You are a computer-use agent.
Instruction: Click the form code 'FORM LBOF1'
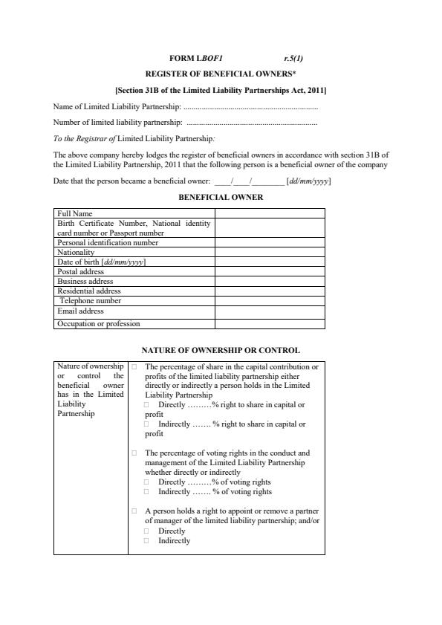point(196,57)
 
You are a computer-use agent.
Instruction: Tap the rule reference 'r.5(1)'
point(293,57)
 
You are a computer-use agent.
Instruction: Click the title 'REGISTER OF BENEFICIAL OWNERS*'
point(220,74)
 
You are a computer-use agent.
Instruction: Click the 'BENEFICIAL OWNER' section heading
point(221,198)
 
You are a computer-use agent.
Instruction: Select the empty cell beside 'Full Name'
point(270,213)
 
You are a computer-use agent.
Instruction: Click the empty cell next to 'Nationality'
point(270,252)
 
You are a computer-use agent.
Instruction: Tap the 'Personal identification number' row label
point(108,242)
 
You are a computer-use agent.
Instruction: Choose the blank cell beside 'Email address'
point(270,311)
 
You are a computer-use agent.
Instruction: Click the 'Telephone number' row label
point(90,301)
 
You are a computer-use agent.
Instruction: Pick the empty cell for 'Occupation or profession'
point(270,323)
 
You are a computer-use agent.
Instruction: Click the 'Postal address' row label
point(81,272)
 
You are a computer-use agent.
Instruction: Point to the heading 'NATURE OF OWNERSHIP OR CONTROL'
point(221,350)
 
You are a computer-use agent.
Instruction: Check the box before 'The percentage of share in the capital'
point(134,367)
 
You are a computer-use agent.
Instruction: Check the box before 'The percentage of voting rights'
point(134,453)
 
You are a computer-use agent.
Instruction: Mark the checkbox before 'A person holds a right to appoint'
point(134,511)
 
